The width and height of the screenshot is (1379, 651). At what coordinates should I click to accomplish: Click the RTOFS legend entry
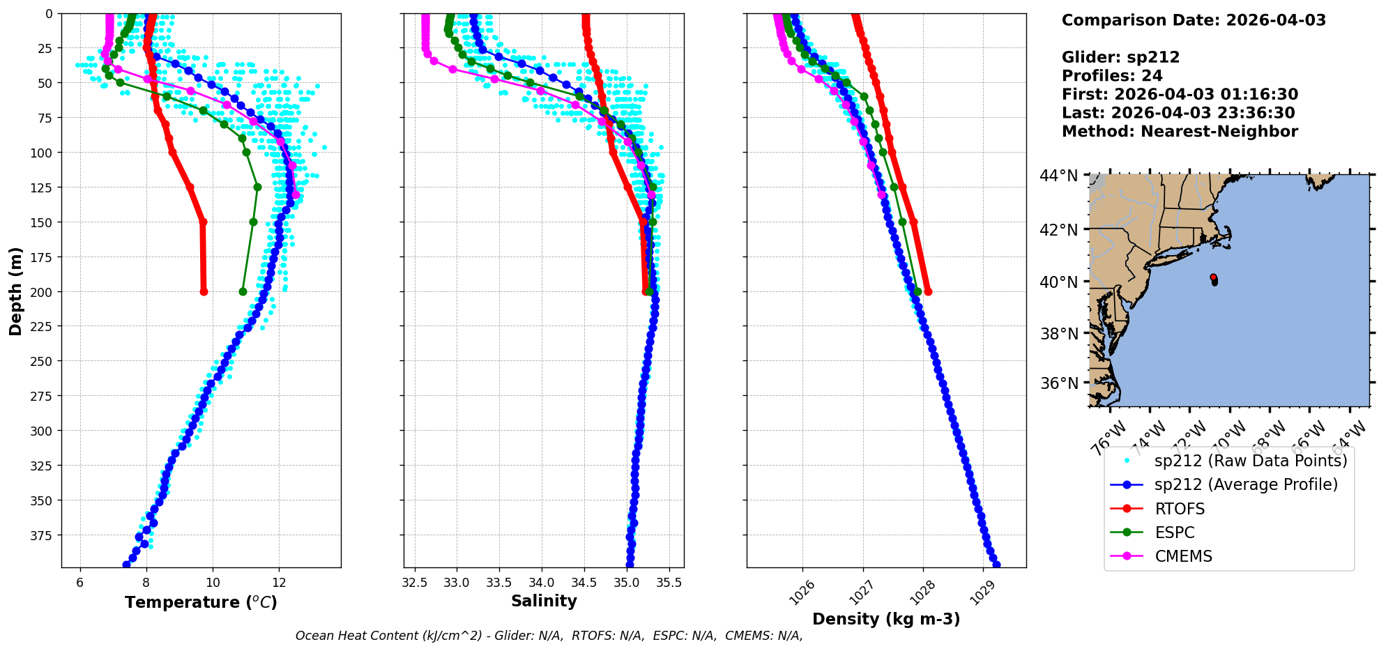(x=1180, y=509)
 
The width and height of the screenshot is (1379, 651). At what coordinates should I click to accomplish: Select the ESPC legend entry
(x=1174, y=533)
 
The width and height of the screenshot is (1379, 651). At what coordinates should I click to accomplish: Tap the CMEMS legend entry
(x=1183, y=556)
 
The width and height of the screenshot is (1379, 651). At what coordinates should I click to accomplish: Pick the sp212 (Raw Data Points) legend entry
(x=1251, y=461)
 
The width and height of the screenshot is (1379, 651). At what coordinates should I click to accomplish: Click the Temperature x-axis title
(x=201, y=602)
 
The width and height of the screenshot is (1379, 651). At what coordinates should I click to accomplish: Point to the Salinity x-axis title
(x=544, y=601)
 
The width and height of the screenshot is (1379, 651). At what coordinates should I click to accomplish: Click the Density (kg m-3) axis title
(x=886, y=619)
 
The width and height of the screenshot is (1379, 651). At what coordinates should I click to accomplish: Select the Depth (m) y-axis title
(x=16, y=291)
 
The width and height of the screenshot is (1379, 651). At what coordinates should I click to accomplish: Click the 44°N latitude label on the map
(x=1058, y=176)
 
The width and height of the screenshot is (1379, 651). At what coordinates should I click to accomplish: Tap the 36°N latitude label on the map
(x=1058, y=383)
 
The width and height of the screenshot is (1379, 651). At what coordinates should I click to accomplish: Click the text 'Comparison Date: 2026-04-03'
(x=1194, y=20)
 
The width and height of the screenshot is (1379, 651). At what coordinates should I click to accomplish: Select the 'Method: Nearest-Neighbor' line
(x=1180, y=132)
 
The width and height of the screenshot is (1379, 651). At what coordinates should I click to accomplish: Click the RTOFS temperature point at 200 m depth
(x=204, y=291)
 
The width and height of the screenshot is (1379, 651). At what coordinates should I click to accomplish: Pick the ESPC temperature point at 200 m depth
(x=243, y=291)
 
